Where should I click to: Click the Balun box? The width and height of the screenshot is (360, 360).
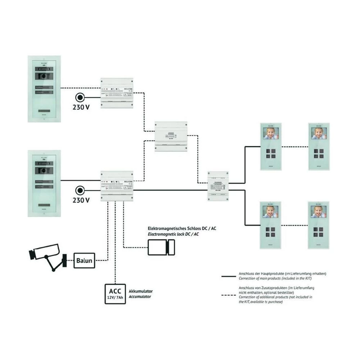point(85,260)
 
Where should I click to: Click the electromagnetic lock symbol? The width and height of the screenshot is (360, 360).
point(162,247)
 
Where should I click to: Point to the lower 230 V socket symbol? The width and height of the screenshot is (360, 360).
point(80,191)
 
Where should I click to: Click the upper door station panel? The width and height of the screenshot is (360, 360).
point(44,89)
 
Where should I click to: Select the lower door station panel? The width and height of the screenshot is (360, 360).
point(44,183)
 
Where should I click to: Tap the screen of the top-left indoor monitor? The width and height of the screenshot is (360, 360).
point(270,134)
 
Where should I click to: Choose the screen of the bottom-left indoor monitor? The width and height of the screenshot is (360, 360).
point(270,212)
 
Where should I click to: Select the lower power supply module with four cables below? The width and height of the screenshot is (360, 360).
point(117,185)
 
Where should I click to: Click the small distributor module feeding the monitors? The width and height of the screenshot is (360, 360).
point(218,185)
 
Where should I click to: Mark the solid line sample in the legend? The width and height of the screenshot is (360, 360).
point(229,276)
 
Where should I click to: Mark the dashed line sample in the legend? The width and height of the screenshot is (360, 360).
point(229,295)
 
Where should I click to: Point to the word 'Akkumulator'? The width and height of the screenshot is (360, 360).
point(141,291)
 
